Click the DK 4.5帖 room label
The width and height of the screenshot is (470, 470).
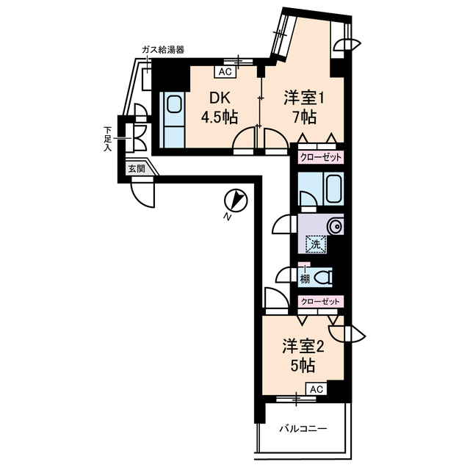[220, 107]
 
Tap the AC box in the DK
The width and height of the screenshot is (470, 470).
[225, 72]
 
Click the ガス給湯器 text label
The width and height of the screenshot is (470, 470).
[163, 49]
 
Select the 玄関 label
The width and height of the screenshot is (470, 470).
[136, 168]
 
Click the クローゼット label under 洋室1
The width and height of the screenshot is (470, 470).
[320, 156]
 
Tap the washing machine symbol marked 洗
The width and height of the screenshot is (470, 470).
[314, 244]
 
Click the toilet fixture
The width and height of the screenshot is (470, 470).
[322, 278]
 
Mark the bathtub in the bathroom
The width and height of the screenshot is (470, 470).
[333, 190]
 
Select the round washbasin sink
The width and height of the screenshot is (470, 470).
[335, 225]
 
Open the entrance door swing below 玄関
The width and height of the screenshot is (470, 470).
[144, 192]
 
